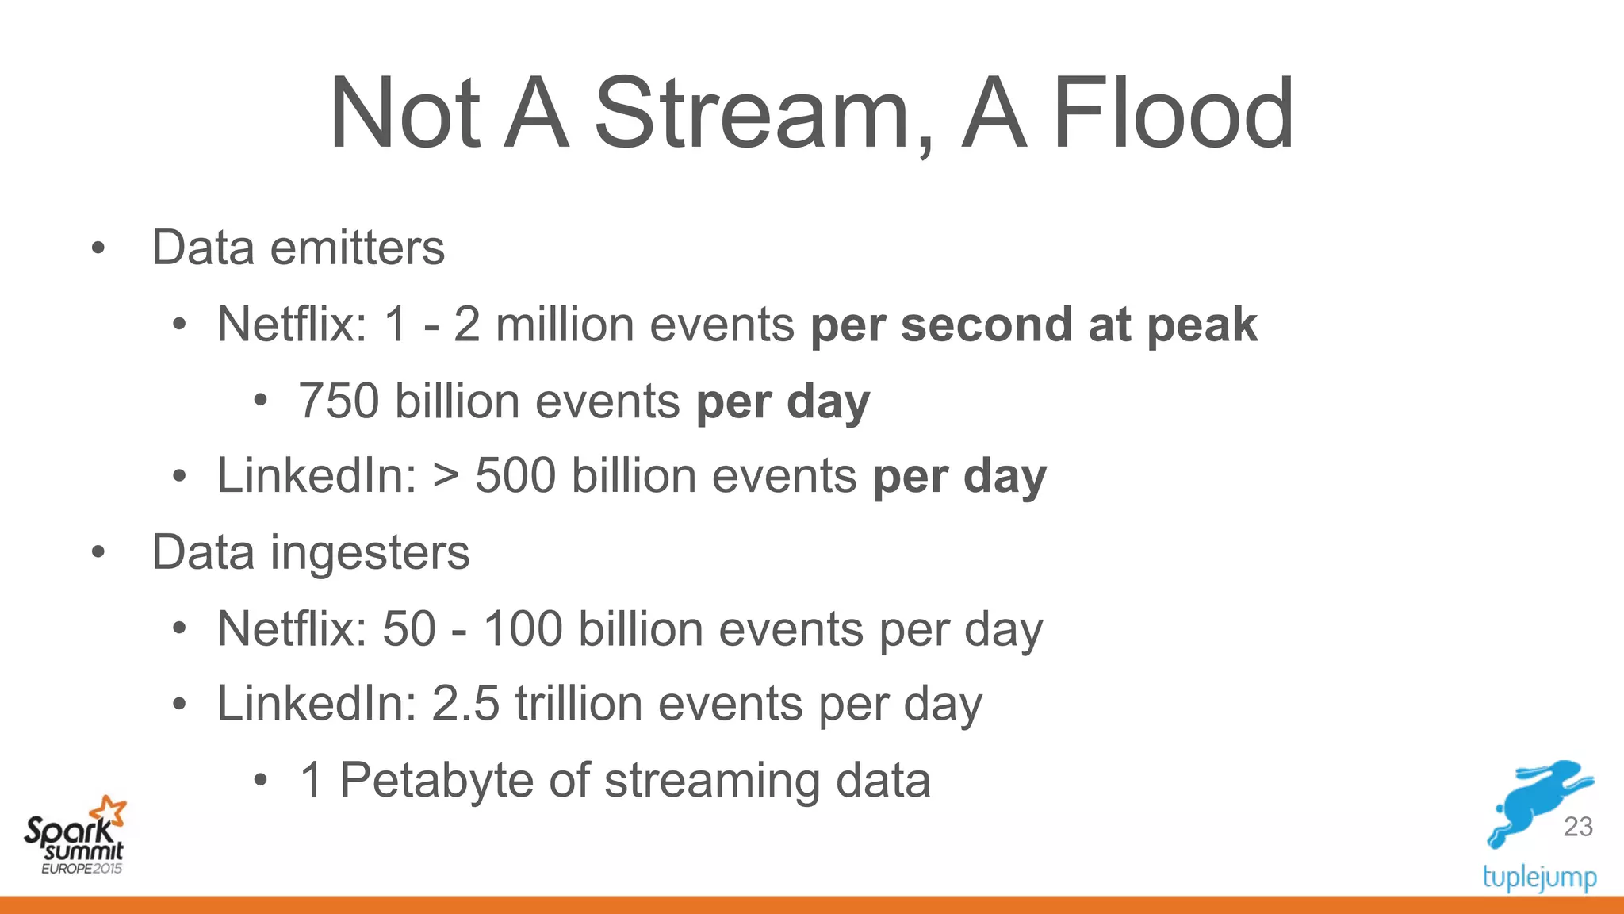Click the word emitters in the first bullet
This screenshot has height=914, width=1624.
click(358, 248)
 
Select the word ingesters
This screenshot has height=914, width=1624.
click(370, 553)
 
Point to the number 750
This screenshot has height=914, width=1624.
click(339, 401)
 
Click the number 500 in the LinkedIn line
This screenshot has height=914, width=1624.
click(515, 476)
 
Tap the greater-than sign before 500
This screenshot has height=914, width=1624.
click(446, 476)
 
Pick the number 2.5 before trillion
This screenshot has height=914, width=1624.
click(465, 704)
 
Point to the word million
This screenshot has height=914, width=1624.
click(565, 325)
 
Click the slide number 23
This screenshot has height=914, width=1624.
click(1578, 827)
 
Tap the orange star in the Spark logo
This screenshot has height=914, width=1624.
click(109, 811)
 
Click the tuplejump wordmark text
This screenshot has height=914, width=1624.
click(1539, 878)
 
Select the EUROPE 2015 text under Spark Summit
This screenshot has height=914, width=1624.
click(82, 869)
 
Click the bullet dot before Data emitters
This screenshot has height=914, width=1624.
click(98, 248)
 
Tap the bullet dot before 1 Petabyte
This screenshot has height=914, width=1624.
click(261, 781)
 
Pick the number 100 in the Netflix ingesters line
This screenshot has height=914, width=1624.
click(523, 629)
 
